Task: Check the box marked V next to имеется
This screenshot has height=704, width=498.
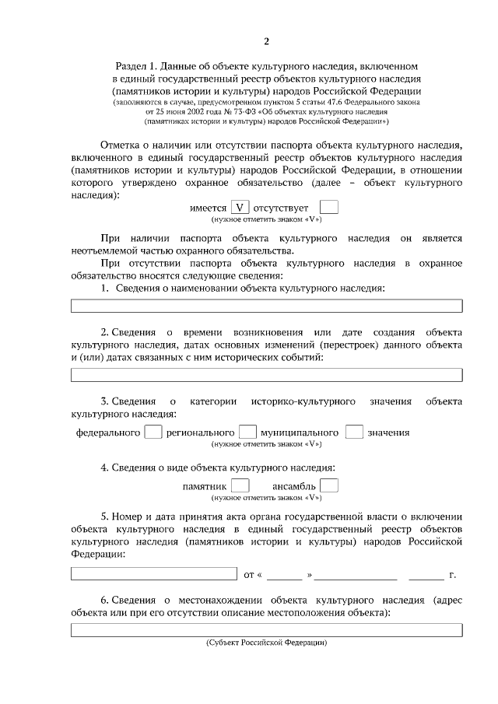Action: pos(241,208)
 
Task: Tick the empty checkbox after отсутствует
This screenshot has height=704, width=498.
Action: pos(329,208)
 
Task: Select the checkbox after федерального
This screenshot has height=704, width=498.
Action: pos(154,432)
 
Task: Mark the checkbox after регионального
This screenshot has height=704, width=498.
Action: pos(247,432)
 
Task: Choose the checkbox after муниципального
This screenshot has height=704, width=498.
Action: pos(354,432)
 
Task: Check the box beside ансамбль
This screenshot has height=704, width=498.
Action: pos(329,486)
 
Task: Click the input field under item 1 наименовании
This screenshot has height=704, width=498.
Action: pos(266,306)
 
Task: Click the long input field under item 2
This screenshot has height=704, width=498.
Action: pos(266,375)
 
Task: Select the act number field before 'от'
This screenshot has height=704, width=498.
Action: pos(154,574)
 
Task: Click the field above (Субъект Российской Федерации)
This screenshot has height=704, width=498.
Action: pos(266,631)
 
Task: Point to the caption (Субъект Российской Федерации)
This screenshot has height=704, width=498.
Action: pos(266,643)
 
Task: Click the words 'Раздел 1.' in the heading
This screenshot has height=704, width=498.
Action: pos(137,67)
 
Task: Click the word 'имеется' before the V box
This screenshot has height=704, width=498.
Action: pos(208,208)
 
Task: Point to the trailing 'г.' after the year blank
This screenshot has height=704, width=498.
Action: pos(452,576)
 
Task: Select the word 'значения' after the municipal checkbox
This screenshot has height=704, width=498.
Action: pos(388,433)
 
